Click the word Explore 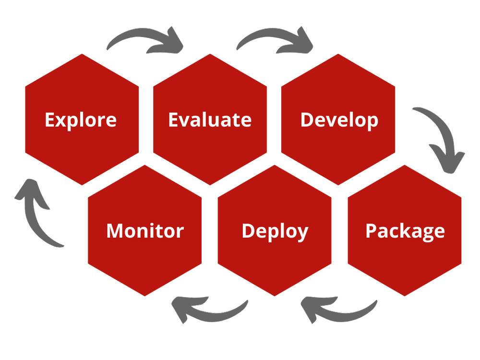[81, 120]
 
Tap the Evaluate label [210, 120]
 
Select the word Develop [339, 120]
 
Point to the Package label [405, 231]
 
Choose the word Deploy [275, 231]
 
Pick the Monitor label [145, 231]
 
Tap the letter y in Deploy [302, 233]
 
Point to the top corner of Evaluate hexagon [210, 54]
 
